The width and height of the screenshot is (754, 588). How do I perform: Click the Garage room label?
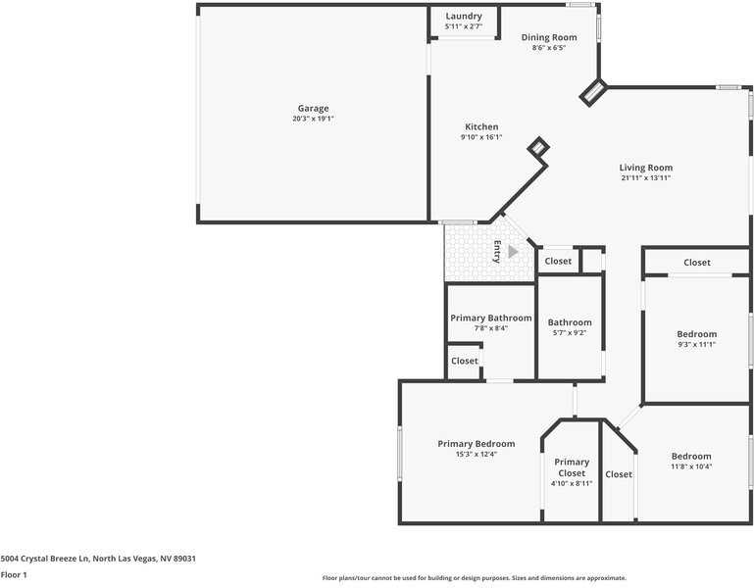pyautogui.click(x=313, y=108)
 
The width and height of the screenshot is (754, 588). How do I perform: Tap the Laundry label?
pyautogui.click(x=463, y=16)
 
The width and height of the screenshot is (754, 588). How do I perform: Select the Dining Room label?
pyautogui.click(x=548, y=37)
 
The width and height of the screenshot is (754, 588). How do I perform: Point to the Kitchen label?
pyautogui.click(x=480, y=126)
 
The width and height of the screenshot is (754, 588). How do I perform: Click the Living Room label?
pyautogui.click(x=645, y=168)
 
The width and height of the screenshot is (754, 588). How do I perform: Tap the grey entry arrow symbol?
pyautogui.click(x=512, y=251)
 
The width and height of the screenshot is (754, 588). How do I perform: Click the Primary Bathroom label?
pyautogui.click(x=490, y=318)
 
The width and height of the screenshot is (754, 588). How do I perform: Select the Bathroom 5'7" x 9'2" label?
pyautogui.click(x=570, y=322)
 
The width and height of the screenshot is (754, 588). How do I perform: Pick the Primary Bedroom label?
pyautogui.click(x=476, y=444)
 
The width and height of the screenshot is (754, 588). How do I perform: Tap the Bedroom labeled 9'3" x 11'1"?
pyautogui.click(x=696, y=334)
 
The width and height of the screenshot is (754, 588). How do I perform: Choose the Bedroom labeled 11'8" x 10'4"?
pyautogui.click(x=691, y=456)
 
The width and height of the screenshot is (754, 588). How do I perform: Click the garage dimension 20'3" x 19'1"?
pyautogui.click(x=313, y=119)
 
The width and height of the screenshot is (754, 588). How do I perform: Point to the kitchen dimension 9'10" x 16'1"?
pyautogui.click(x=480, y=137)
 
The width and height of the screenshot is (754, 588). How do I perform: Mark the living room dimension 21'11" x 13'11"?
pyautogui.click(x=645, y=178)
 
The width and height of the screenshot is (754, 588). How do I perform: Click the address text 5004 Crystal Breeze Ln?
pyautogui.click(x=98, y=558)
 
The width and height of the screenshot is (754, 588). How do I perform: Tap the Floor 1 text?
pyautogui.click(x=14, y=574)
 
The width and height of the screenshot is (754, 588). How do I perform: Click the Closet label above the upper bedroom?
pyautogui.click(x=697, y=263)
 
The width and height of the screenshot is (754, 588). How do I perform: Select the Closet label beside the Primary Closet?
pyautogui.click(x=619, y=474)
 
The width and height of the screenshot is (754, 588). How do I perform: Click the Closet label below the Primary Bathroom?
pyautogui.click(x=465, y=361)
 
